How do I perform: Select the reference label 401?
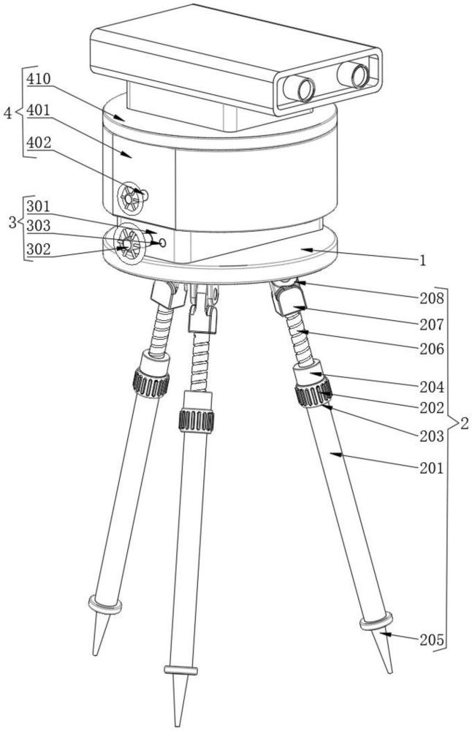[38, 110]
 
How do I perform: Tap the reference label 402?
[38, 143]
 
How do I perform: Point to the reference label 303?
[38, 227]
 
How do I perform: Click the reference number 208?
[432, 298]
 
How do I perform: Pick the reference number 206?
[432, 349]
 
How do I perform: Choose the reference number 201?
[432, 469]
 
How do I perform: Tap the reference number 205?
[432, 640]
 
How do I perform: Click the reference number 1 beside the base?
[443, 260]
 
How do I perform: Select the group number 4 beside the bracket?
[7, 113]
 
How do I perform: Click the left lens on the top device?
[300, 89]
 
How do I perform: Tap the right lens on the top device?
[354, 74]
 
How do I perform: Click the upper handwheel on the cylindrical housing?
[131, 196]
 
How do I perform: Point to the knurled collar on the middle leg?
[196, 420]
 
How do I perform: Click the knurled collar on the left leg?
[151, 382]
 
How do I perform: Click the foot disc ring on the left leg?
[104, 605]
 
